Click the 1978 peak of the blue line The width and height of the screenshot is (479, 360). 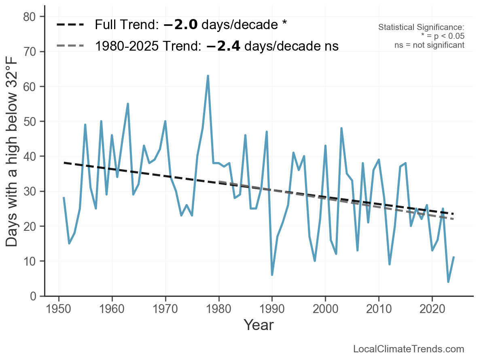point(208,76)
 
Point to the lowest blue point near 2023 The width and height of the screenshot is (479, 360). point(448,282)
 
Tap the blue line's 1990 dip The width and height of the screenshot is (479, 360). point(272,275)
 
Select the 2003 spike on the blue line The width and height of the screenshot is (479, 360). point(341,128)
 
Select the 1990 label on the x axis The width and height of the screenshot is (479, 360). point(272,309)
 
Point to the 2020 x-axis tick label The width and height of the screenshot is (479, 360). point(432,309)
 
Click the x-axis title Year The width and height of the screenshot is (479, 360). point(259,325)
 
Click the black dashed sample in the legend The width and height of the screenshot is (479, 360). point(70,25)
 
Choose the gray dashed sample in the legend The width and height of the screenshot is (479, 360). point(70,45)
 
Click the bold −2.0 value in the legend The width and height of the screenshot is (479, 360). point(180,25)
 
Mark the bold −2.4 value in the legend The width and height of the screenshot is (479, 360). point(223,46)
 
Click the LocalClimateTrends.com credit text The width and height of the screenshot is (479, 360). point(409,349)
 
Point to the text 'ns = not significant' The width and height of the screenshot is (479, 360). point(429,45)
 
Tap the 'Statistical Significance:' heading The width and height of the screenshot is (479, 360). point(421,27)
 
